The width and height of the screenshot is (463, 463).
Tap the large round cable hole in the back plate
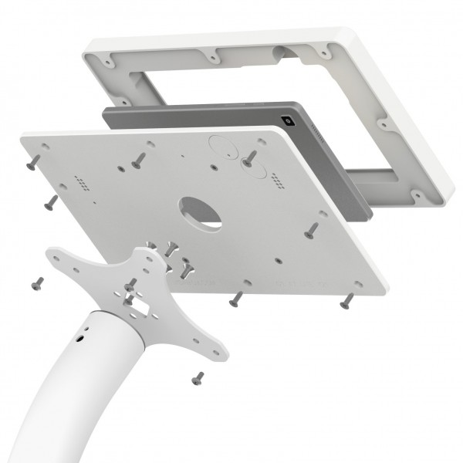[x=201, y=211]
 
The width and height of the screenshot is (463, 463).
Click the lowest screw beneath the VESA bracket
[x=198, y=377]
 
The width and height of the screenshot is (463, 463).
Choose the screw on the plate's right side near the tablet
[x=312, y=229]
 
